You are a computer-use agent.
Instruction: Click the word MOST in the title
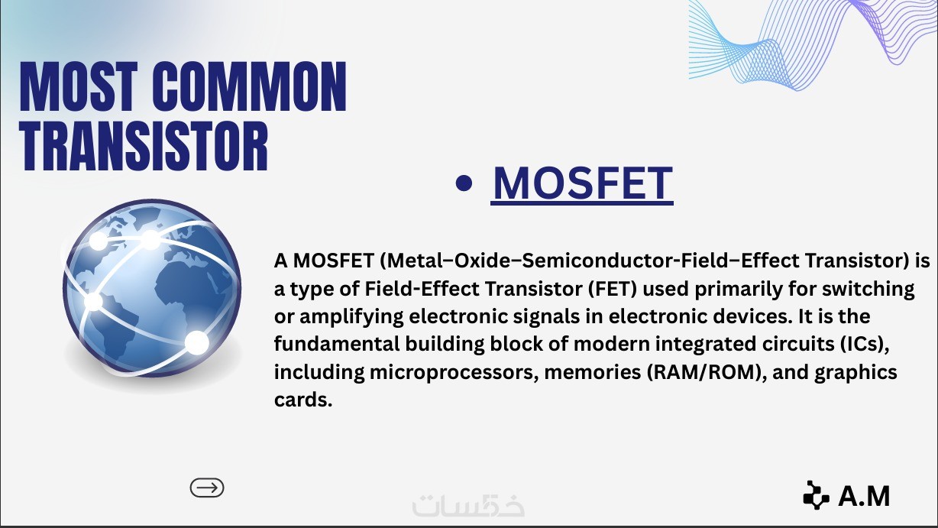pos(79,86)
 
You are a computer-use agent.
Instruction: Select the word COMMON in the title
pos(250,86)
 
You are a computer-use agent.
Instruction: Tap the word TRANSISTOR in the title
pos(144,146)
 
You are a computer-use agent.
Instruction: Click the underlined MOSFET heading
pos(583,183)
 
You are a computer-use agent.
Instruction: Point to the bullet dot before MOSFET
pos(464,183)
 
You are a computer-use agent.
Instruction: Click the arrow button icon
pos(207,488)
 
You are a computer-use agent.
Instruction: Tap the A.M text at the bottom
pos(864,496)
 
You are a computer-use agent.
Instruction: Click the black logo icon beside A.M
pos(816,495)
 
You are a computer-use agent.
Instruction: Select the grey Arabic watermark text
pos(468,505)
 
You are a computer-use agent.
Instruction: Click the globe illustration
pos(152,288)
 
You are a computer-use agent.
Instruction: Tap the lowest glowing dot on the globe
pos(196,342)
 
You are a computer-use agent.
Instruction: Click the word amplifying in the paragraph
pos(351,317)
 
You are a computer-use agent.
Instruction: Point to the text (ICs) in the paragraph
pos(865,344)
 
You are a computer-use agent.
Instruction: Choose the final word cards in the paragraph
pos(303,400)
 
